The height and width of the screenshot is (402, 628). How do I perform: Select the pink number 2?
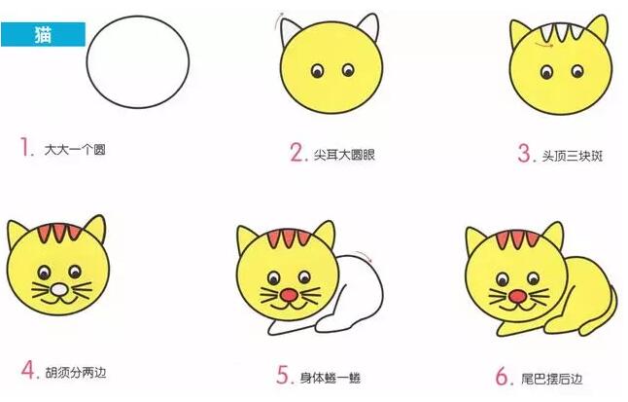click(297, 152)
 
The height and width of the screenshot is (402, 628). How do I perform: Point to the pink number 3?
click(526, 153)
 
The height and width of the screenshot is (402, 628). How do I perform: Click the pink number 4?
click(28, 371)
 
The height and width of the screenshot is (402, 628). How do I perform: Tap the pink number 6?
click(500, 375)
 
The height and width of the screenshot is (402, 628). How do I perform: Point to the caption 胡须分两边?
click(72, 372)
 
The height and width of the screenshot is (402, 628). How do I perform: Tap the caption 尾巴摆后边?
click(544, 376)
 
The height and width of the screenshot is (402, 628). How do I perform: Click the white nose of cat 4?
click(58, 289)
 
